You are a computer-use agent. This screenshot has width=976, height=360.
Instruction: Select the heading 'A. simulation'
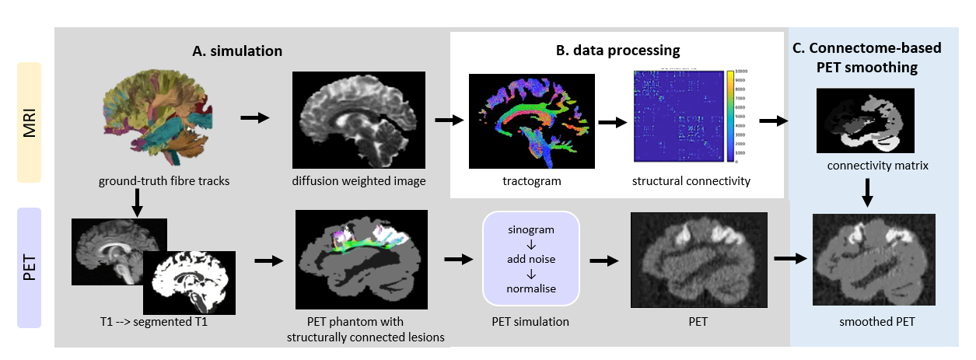[x=236, y=51]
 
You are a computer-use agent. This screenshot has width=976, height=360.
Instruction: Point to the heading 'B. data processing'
[x=617, y=51]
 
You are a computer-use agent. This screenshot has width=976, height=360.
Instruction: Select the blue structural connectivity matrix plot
[x=677, y=116]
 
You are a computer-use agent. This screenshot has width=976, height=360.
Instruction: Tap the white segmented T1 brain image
[x=189, y=275]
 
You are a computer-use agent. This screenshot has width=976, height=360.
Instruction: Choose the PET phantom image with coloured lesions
[x=363, y=256]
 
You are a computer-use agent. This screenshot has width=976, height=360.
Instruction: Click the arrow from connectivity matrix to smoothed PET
[x=866, y=190]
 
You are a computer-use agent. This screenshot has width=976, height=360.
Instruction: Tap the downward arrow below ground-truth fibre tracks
[x=137, y=202]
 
